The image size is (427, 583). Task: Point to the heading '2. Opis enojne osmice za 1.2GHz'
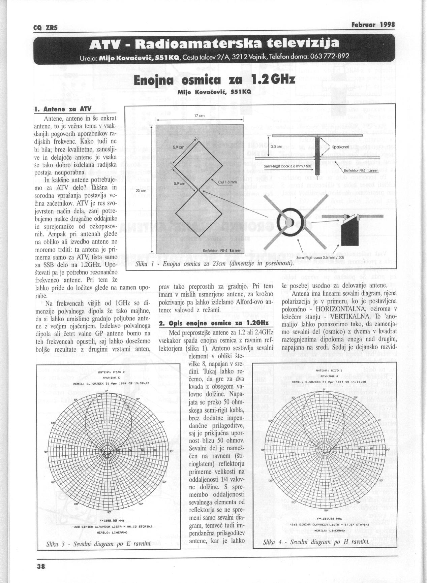[x=214, y=323]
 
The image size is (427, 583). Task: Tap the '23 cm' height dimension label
[x=140, y=191]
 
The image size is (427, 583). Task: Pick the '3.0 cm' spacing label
[x=276, y=147]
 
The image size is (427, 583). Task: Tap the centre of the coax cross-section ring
[x=289, y=222]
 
